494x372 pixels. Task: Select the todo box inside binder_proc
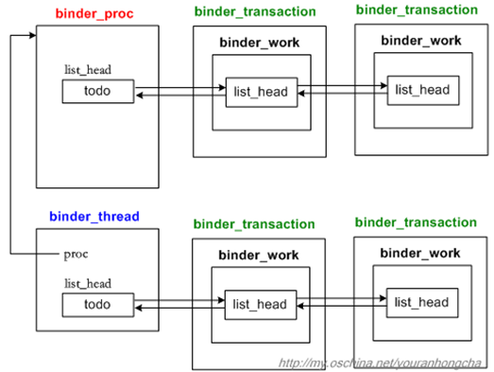point(97,91)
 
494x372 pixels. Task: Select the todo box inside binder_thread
point(97,305)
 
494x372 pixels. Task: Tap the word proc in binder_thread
point(77,254)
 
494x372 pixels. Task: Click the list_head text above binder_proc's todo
point(88,71)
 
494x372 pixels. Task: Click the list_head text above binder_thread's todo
point(88,284)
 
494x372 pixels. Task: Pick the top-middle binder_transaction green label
point(253,12)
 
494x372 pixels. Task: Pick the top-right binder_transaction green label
point(417,9)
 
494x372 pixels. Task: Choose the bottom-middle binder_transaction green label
point(253,224)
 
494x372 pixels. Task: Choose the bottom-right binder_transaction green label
point(417,222)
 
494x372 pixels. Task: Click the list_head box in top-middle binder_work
point(260,92)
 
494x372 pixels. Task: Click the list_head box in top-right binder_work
point(422,89)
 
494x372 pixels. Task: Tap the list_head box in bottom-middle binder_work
point(260,304)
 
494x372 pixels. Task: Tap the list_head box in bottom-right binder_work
point(422,302)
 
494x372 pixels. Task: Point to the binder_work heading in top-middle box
point(259,44)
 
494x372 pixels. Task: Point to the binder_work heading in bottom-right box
point(420,253)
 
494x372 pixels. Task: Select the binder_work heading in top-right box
point(420,42)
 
